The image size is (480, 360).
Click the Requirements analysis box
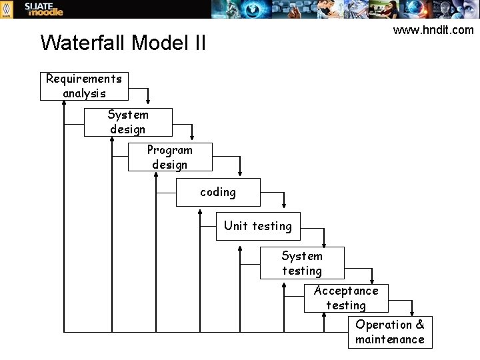coord(84,86)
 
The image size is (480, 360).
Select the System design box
coord(128,122)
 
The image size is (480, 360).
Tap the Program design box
coord(170,157)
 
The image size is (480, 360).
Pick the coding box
coord(218,192)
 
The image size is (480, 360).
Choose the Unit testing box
coord(258,226)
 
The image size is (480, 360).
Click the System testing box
coord(302,263)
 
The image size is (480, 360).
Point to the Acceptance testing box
coord(346,297)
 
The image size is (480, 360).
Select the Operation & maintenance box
coord(390,332)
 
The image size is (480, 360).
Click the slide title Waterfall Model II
coord(123,43)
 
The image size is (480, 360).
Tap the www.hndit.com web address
coord(433,30)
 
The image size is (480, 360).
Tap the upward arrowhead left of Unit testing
coord(200,213)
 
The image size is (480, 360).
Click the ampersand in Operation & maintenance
coord(419,325)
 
